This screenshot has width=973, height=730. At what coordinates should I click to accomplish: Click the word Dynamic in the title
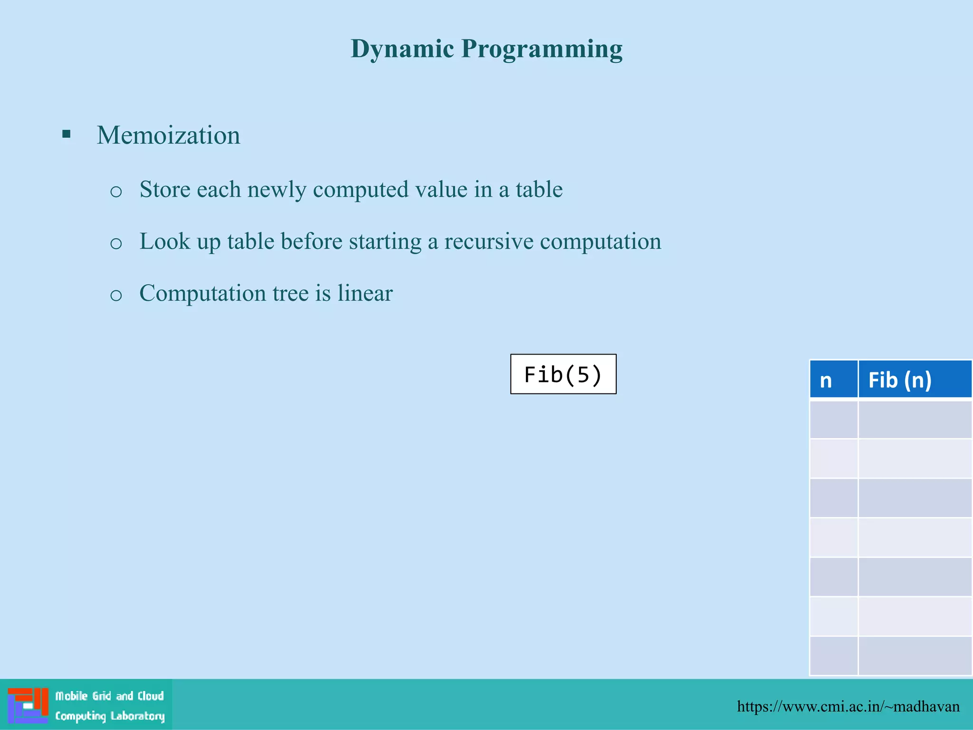[x=402, y=49]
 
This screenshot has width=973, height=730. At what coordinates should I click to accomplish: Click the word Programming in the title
[x=542, y=49]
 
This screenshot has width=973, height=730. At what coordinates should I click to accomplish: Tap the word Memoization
[x=168, y=135]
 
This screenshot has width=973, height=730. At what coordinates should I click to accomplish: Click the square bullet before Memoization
[x=67, y=134]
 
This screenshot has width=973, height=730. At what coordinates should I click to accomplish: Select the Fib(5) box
[x=563, y=374]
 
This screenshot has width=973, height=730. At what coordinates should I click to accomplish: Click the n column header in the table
[x=827, y=380]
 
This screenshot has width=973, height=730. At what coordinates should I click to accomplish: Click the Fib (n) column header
[x=900, y=380]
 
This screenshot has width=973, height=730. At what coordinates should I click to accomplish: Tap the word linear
[x=365, y=293]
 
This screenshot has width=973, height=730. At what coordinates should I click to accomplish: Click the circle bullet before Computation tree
[x=116, y=295]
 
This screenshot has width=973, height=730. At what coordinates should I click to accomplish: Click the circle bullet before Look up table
[x=116, y=243]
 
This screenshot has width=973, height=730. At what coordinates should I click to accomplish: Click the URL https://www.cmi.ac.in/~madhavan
[x=848, y=706]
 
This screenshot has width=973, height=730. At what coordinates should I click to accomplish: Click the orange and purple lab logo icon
[x=28, y=705]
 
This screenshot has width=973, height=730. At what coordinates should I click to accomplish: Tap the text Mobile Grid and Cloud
[x=109, y=696]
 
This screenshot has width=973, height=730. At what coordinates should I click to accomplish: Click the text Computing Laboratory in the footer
[x=110, y=716]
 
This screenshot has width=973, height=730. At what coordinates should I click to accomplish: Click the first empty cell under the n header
[x=833, y=419]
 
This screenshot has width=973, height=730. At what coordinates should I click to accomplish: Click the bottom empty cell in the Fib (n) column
[x=915, y=655]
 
